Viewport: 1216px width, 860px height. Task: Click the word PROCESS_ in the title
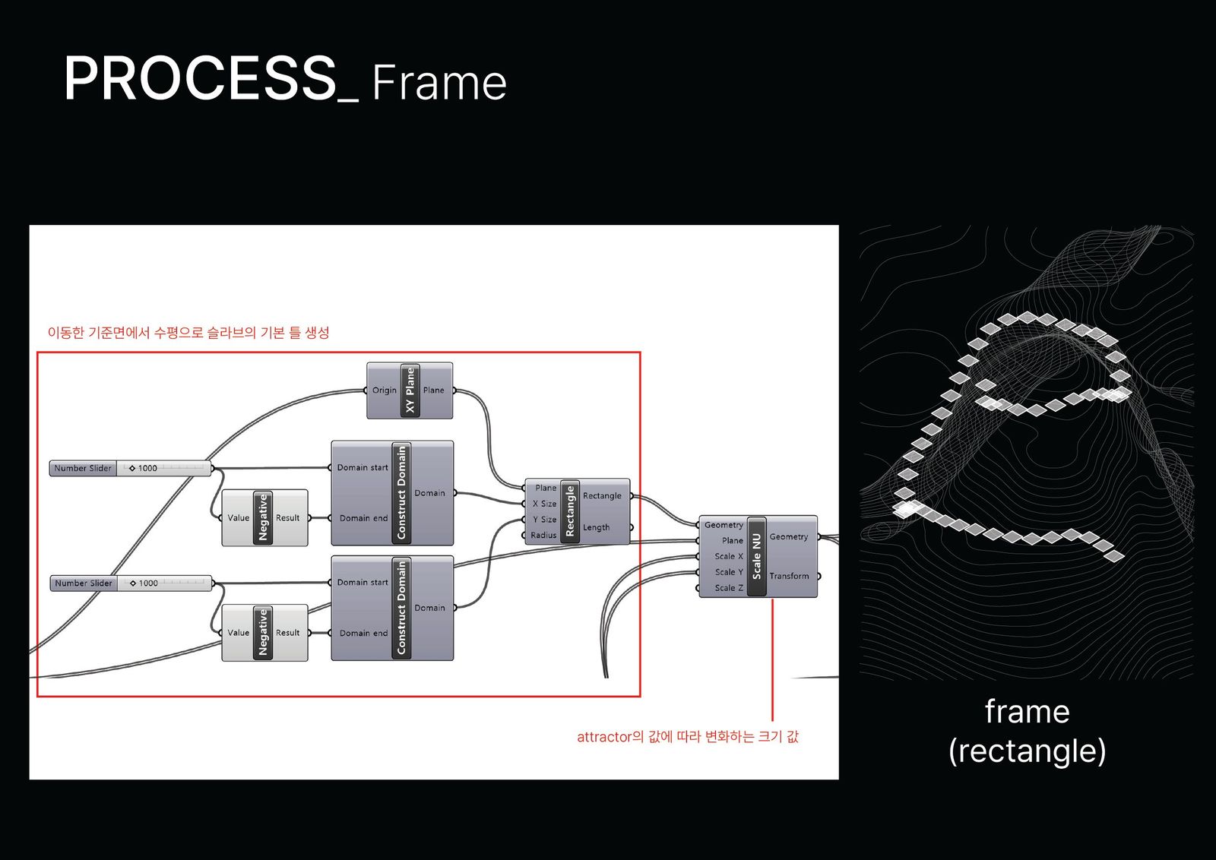click(x=211, y=79)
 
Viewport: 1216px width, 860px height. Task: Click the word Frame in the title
click(x=439, y=83)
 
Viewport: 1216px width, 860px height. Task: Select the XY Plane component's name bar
click(x=410, y=390)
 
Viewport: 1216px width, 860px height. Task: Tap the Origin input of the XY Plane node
click(x=385, y=390)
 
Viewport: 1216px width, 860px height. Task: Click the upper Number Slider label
click(x=83, y=468)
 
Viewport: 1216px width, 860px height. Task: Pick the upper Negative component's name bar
click(x=263, y=517)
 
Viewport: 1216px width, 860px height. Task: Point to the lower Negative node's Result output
click(x=288, y=633)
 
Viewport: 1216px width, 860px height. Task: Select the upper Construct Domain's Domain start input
click(x=363, y=468)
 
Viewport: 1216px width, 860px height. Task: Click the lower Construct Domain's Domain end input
click(x=364, y=633)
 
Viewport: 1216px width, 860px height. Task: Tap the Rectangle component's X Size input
click(x=544, y=504)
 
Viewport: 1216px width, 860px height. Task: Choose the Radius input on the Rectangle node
click(x=544, y=535)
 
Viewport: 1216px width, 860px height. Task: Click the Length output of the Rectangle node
click(x=596, y=527)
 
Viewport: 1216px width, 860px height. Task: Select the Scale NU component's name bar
click(x=757, y=556)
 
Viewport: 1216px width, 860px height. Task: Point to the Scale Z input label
click(x=729, y=588)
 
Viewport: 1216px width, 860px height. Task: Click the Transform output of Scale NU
click(x=789, y=576)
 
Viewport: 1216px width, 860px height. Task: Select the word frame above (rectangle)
click(x=1027, y=711)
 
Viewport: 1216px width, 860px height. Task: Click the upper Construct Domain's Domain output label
click(x=430, y=493)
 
